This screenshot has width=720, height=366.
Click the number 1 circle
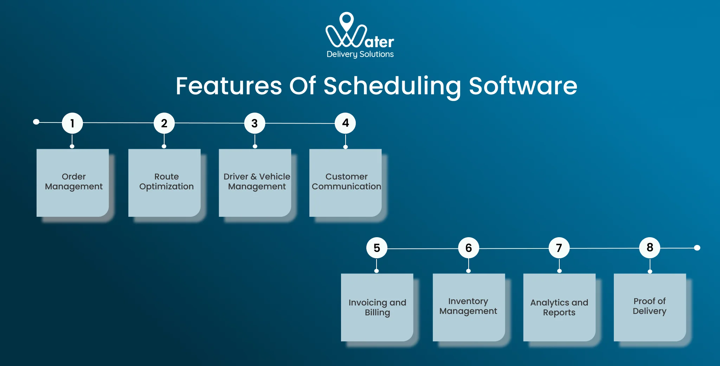[72, 123]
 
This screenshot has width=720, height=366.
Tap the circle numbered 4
[345, 123]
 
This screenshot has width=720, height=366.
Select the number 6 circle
[468, 248]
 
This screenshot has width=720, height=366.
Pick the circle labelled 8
[650, 248]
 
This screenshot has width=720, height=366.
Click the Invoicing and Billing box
[377, 307]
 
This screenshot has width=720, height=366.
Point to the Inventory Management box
[469, 307]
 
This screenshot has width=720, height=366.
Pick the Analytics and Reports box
[559, 307]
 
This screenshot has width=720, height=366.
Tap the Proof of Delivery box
[650, 307]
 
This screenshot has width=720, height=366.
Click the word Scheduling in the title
[392, 86]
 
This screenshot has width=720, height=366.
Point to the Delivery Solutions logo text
[360, 54]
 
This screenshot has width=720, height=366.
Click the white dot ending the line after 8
[697, 248]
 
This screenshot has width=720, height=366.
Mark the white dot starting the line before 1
[36, 122]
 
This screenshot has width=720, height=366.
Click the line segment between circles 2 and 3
[210, 123]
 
